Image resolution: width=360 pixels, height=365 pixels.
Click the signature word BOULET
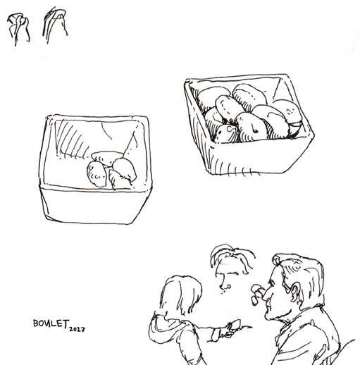pos(51,323)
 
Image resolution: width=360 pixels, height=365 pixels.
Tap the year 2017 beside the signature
pos(77,329)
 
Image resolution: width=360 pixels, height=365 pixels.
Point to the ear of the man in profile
pos(294,292)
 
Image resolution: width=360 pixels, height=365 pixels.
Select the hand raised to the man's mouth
pos(257,294)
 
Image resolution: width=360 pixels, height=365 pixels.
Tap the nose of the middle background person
pos(224,283)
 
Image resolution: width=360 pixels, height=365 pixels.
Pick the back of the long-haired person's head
pos(181,295)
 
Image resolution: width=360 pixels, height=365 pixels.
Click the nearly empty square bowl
pos(94,169)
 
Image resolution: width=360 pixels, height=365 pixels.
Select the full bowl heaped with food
pos(249,125)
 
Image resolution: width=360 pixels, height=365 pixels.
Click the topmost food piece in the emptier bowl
pos(107,158)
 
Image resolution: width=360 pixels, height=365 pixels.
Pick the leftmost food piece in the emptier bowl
pos(97,174)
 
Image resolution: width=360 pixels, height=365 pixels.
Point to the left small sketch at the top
pos(18,28)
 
